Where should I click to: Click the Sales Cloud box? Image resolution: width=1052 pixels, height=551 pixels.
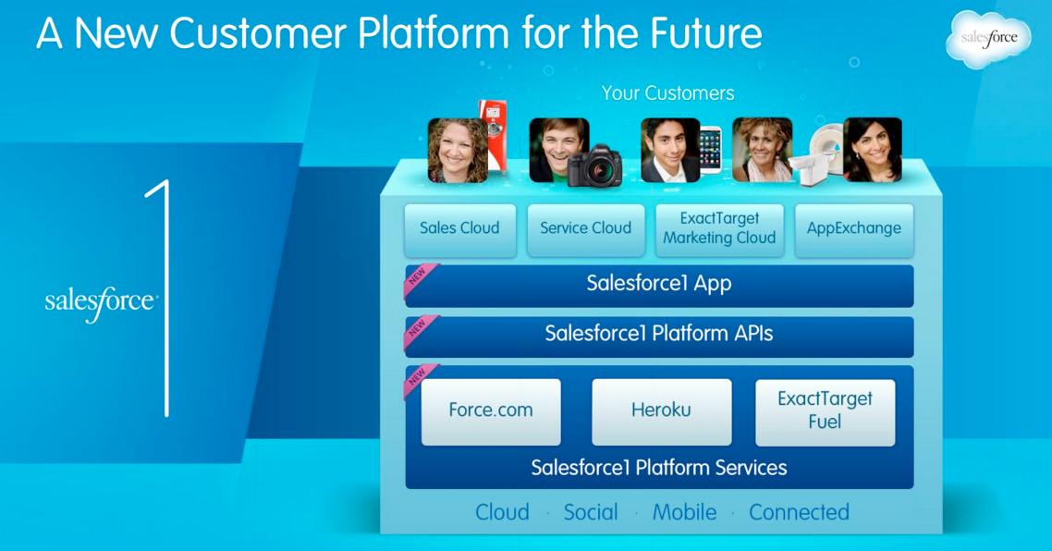click(460, 229)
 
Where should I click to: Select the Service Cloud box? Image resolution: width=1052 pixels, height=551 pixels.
click(586, 229)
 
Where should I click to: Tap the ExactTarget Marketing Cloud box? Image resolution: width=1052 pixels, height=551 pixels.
click(719, 229)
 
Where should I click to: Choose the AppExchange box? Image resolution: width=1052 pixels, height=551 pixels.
click(854, 229)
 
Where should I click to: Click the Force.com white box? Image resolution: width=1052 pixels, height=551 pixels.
click(491, 411)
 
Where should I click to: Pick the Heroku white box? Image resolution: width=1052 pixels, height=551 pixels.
click(662, 411)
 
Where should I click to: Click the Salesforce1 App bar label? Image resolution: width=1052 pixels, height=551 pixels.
click(659, 283)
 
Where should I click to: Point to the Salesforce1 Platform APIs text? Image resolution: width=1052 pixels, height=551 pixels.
click(659, 334)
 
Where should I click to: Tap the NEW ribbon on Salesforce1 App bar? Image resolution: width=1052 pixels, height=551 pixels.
click(419, 278)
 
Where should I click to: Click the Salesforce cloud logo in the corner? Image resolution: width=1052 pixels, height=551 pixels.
click(988, 39)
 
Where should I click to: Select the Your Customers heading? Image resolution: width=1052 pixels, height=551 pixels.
click(667, 93)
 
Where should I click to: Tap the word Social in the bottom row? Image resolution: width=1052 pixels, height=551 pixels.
click(591, 512)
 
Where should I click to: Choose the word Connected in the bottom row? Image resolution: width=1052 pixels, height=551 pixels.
click(799, 512)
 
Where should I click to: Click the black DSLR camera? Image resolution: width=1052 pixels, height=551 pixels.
click(594, 165)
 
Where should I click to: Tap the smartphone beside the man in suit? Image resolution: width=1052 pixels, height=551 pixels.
click(711, 150)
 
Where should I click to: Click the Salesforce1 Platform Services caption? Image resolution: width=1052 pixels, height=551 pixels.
click(659, 468)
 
